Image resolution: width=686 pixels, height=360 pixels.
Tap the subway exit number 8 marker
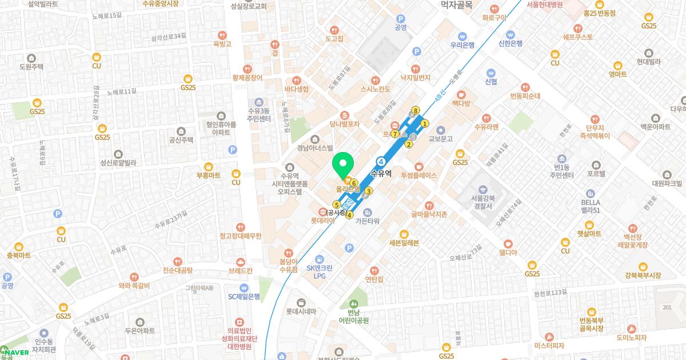point(416,110)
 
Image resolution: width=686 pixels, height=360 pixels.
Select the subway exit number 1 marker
point(425,123)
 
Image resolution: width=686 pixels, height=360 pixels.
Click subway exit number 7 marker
point(395,134)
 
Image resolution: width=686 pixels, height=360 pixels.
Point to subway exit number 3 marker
point(369,191)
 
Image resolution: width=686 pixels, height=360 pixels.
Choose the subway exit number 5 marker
point(337,205)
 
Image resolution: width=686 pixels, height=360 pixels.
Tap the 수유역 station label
point(381,174)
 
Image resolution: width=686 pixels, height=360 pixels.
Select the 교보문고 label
point(440,139)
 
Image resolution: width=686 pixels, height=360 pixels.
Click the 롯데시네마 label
point(301,311)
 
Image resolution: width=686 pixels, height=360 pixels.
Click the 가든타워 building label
point(368,221)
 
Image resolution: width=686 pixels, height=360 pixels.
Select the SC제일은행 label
point(244,296)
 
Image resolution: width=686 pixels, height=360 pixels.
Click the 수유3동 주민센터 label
point(258,115)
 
